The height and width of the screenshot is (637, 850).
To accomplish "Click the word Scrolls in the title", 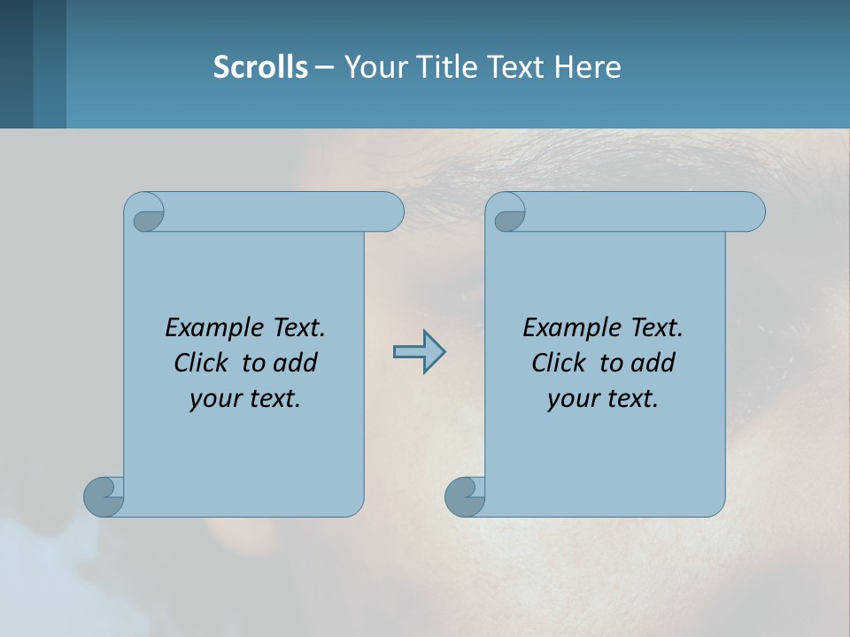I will tap(260, 66).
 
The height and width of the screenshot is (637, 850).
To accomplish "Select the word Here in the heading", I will tap(588, 66).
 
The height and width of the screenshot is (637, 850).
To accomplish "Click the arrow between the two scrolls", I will tap(419, 352).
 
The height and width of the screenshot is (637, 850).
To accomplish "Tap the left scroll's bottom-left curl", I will tap(103, 495).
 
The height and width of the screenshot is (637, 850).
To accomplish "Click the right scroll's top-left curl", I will tap(508, 216).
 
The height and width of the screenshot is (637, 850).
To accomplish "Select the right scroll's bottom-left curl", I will tap(464, 495).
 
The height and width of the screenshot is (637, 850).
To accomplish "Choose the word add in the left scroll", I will tap(296, 363).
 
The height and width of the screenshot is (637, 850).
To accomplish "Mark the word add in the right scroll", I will tap(653, 363).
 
